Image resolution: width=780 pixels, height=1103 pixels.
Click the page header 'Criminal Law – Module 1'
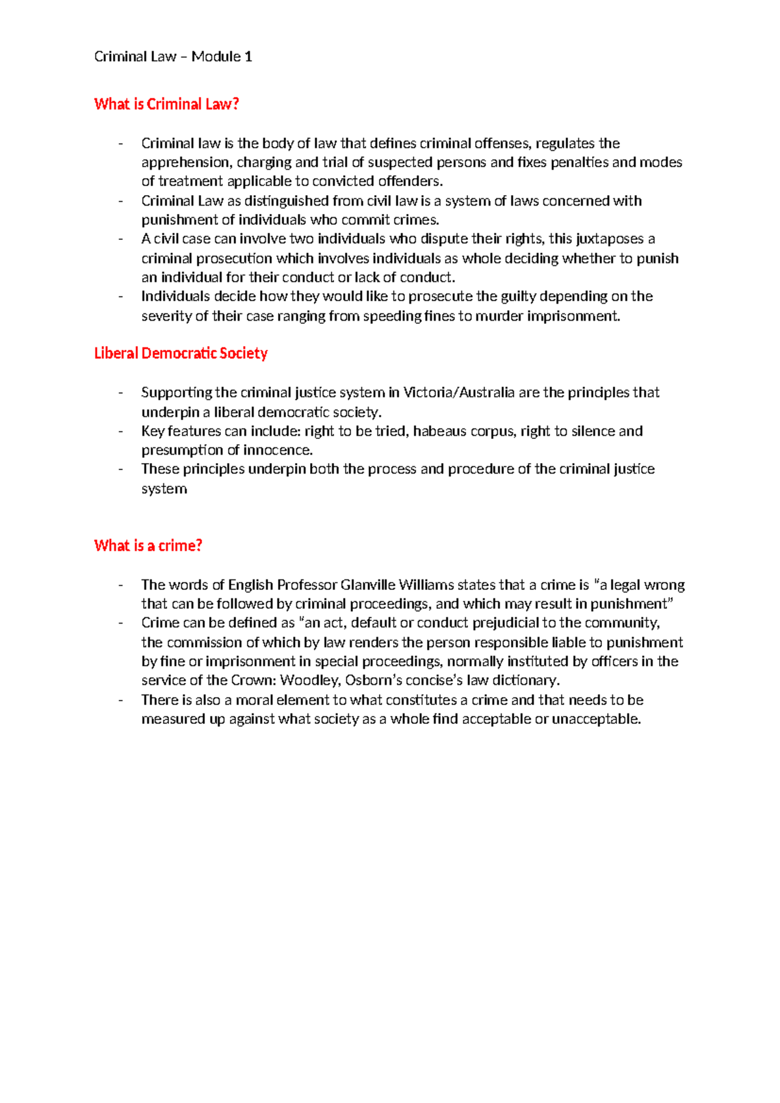173,57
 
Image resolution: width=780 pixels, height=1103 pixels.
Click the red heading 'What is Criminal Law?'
166,104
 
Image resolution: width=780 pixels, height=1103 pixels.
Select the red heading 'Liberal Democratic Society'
181,353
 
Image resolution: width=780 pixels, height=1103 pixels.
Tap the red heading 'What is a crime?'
148,546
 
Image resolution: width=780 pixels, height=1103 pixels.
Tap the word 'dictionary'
525,681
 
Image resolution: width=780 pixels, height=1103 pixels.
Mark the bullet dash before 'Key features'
121,431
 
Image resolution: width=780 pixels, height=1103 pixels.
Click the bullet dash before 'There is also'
121,700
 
